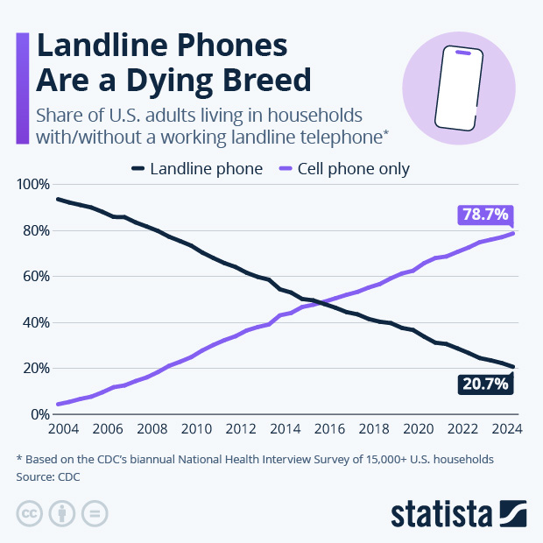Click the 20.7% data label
[x=484, y=383]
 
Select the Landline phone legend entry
[x=197, y=169]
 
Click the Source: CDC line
[x=53, y=476]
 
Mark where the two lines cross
[x=320, y=301]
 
